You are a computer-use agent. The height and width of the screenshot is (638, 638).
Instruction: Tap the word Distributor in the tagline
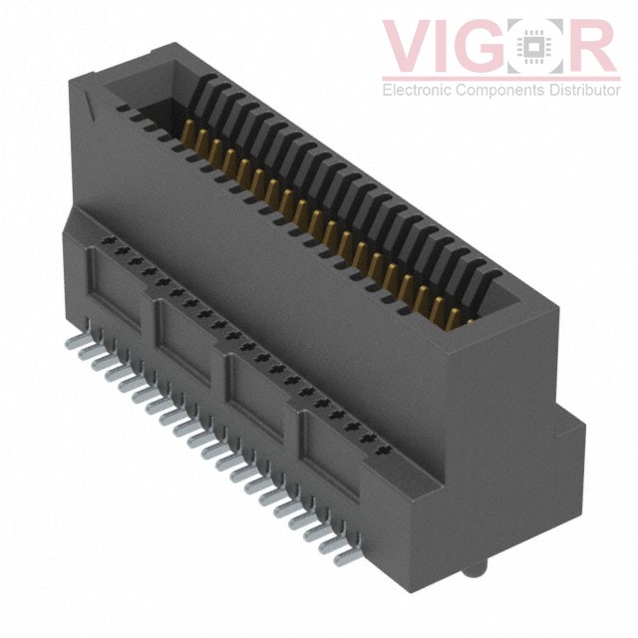pyautogui.click(x=584, y=91)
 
